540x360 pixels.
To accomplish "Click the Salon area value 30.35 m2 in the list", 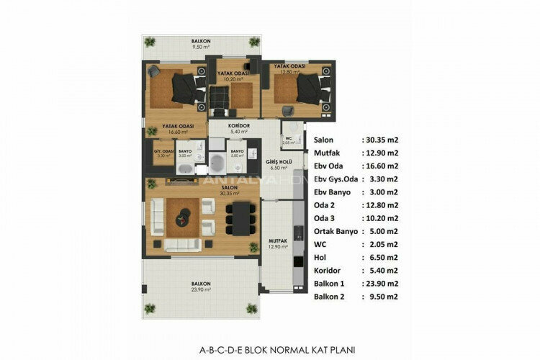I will point(381,140).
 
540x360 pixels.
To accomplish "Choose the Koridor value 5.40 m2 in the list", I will point(381,270).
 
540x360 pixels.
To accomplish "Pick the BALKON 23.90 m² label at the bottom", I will point(201,287).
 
